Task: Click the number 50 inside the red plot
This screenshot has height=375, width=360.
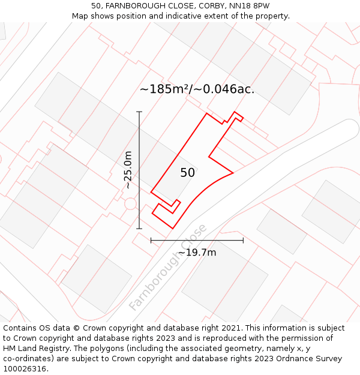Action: coord(187,173)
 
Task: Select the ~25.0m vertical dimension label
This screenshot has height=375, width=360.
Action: coord(128,170)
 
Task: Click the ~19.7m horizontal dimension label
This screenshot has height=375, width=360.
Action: coord(197,253)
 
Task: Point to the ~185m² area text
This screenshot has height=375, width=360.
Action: coord(165,89)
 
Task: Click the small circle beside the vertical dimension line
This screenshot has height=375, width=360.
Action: coord(130,204)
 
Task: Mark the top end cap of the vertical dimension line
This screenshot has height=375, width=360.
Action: coord(139,112)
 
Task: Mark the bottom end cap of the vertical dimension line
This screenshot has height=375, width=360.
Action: coord(139,229)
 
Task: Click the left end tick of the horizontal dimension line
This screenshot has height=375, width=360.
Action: coord(151,240)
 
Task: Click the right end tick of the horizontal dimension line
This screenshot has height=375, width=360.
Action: coord(243,240)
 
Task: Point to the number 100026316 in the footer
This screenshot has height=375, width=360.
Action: coord(26,369)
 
